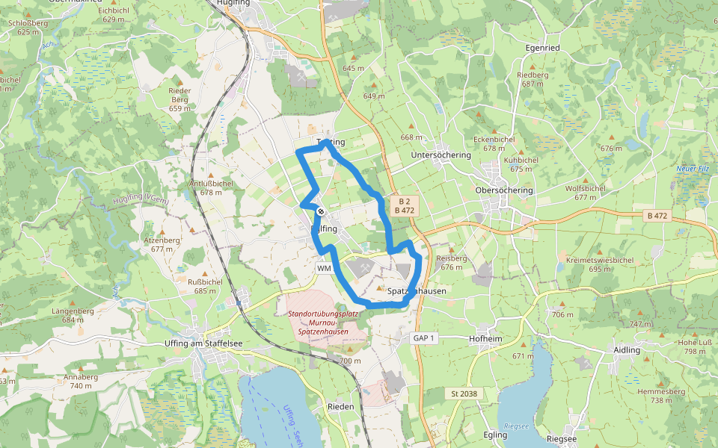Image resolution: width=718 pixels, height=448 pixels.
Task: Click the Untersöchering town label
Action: tap(441, 155)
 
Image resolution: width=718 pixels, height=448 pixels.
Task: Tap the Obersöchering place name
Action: tap(504, 190)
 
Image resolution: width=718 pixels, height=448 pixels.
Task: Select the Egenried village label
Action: tap(543, 48)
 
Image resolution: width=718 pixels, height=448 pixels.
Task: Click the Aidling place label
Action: tap(627, 350)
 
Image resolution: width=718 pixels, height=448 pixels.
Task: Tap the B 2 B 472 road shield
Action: tap(404, 206)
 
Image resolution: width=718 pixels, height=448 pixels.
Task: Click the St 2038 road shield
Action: tap(464, 393)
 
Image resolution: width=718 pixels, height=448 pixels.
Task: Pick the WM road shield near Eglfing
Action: tap(324, 268)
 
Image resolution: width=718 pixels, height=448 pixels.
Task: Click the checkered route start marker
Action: tap(320, 211)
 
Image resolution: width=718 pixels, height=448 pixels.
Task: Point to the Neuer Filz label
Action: tap(692, 169)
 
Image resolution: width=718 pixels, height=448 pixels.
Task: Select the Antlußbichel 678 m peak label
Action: tap(212, 187)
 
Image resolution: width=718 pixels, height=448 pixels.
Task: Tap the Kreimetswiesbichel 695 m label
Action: tap(601, 264)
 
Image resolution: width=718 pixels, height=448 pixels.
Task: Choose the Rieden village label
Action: tap(341, 406)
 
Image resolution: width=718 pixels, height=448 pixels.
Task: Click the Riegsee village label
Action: tap(562, 439)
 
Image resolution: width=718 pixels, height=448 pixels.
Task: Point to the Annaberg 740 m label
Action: tap(81, 381)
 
